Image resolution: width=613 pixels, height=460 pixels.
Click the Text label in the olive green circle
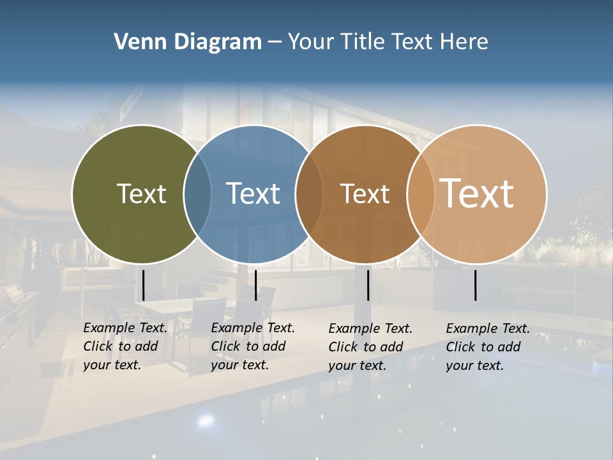(x=141, y=194)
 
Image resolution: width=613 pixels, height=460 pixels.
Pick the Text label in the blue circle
(x=254, y=194)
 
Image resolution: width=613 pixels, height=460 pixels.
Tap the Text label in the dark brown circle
(x=365, y=194)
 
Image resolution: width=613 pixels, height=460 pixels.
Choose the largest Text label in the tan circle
(x=477, y=193)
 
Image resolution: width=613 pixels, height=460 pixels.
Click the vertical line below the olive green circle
(x=144, y=285)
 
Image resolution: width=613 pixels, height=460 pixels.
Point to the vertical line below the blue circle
(x=255, y=285)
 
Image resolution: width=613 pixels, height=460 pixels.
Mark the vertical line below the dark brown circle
(x=368, y=285)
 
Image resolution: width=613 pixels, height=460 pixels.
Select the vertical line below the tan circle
(x=476, y=285)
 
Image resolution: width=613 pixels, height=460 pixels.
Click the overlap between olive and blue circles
(x=197, y=194)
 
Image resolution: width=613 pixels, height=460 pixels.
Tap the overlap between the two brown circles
(x=420, y=194)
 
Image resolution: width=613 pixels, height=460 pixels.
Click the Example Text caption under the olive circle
(x=125, y=346)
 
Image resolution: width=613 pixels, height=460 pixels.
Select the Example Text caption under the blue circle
(x=253, y=346)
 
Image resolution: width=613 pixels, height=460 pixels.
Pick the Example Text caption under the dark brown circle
(x=370, y=347)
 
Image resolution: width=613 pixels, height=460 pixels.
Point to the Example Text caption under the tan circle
(x=488, y=347)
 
